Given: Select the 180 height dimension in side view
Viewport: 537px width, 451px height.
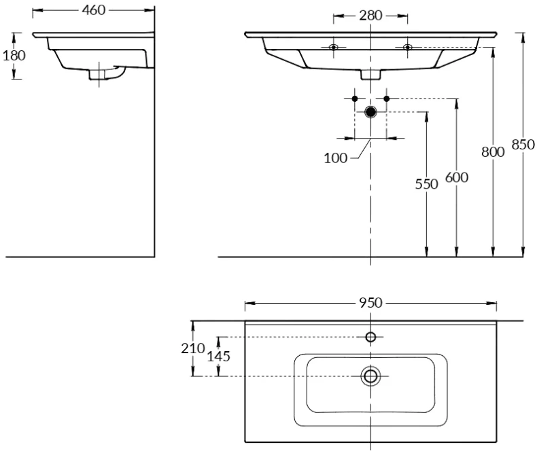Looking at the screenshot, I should pyautogui.click(x=14, y=55).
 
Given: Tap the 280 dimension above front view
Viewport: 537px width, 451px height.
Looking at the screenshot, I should pyautogui.click(x=370, y=15).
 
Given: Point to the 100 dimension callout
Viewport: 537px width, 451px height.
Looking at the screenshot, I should pyautogui.click(x=336, y=158).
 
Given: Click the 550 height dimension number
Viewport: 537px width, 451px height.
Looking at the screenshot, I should pyautogui.click(x=426, y=184).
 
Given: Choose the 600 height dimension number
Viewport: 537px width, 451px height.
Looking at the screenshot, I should pyautogui.click(x=456, y=177).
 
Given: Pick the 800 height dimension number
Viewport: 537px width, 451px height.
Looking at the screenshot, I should pyautogui.click(x=493, y=152).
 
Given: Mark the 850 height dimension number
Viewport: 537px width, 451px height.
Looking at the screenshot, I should pyautogui.click(x=523, y=144).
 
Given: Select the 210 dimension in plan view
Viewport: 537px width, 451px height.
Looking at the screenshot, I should pyautogui.click(x=193, y=348).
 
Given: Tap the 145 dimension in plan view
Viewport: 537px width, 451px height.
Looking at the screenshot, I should pyautogui.click(x=218, y=356).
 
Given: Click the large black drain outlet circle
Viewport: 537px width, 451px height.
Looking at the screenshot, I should pyautogui.click(x=370, y=111).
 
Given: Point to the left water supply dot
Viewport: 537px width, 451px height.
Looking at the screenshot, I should pyautogui.click(x=355, y=99).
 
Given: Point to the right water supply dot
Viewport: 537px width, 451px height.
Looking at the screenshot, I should pyautogui.click(x=387, y=99).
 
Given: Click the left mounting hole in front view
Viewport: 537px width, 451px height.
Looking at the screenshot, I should pyautogui.click(x=333, y=47).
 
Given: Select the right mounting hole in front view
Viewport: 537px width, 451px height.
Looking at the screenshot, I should pyautogui.click(x=408, y=47).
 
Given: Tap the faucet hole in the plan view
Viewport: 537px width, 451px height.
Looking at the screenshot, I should pyautogui.click(x=370, y=338).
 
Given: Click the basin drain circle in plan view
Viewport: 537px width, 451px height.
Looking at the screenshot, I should pyautogui.click(x=370, y=376).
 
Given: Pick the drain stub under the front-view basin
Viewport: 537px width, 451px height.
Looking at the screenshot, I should pyautogui.click(x=370, y=75).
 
